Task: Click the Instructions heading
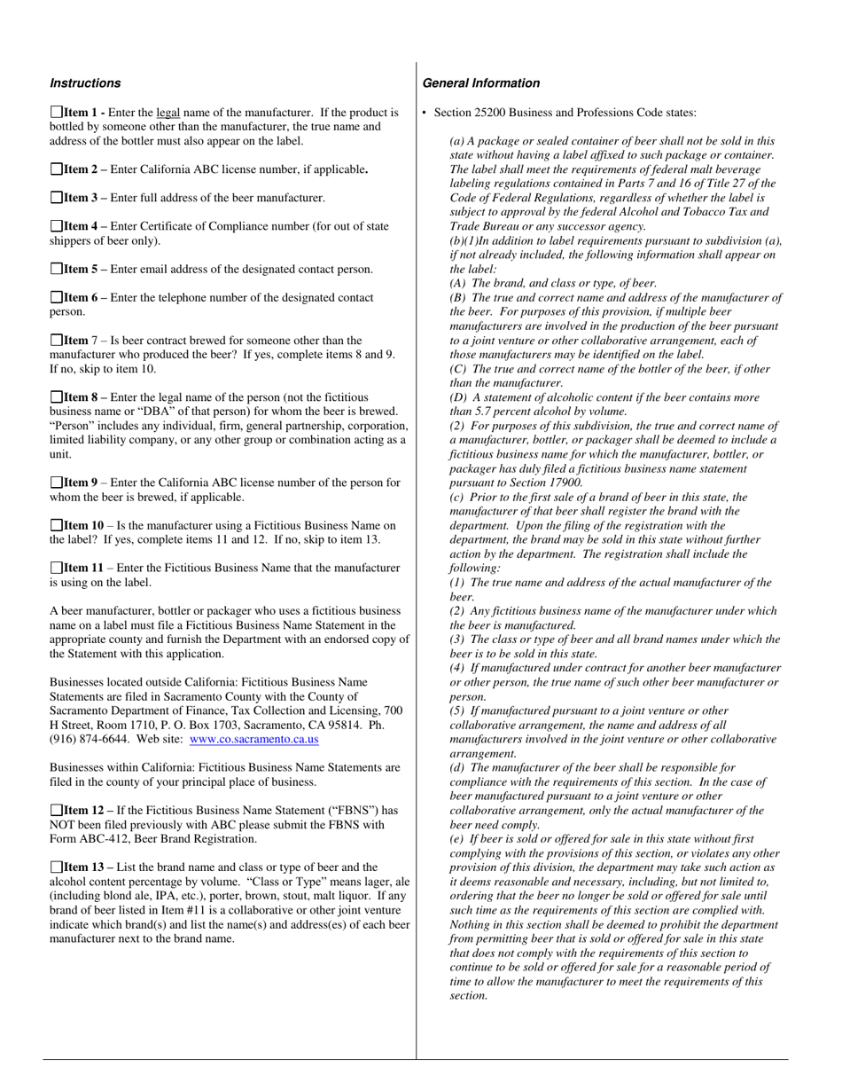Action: click(x=85, y=83)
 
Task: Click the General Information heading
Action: click(x=480, y=83)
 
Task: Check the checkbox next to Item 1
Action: click(x=56, y=113)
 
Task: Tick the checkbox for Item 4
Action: click(x=56, y=226)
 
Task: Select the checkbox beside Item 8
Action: click(x=56, y=397)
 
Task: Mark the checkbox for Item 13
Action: click(x=56, y=867)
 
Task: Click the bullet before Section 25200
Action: click(x=425, y=113)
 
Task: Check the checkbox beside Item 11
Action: click(x=56, y=568)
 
